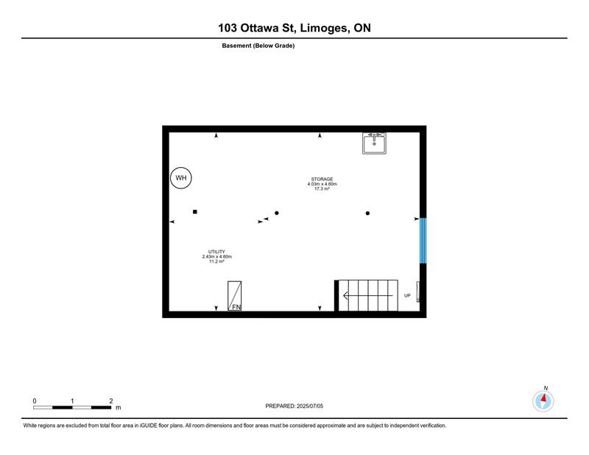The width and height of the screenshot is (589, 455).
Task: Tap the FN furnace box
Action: click(234, 296)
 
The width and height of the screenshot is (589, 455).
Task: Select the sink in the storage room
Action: click(374, 143)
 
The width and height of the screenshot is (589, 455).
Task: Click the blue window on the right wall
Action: click(423, 241)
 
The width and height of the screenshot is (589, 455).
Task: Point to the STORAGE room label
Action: click(322, 179)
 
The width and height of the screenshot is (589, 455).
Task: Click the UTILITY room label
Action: click(216, 252)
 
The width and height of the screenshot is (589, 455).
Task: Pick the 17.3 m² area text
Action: click(322, 188)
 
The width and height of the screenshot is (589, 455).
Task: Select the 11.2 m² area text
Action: click(216, 261)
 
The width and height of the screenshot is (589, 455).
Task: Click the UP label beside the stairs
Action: click(407, 296)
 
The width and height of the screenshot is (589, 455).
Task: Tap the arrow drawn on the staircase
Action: click(368, 296)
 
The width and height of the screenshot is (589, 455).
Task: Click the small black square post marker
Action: click(195, 212)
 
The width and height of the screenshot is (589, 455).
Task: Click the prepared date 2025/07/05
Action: click(310, 406)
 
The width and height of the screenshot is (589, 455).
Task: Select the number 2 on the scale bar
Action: click(111, 401)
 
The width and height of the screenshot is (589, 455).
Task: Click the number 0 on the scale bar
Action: click(35, 401)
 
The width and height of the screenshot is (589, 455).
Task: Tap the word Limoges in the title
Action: click(324, 28)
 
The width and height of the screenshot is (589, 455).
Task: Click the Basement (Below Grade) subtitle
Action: click(258, 46)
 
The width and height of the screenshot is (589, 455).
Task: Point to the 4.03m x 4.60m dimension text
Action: click(322, 184)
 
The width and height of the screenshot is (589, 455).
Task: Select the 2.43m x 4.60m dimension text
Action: click(216, 257)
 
